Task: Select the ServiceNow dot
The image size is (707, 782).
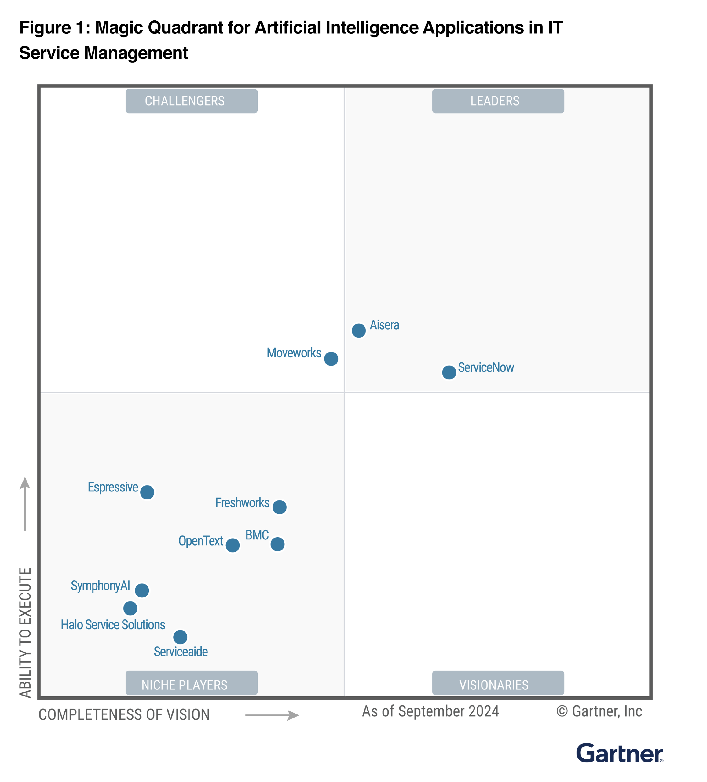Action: [449, 372]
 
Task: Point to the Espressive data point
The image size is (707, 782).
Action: [147, 492]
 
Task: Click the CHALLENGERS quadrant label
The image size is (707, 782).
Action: [191, 101]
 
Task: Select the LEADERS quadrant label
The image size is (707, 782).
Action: [498, 101]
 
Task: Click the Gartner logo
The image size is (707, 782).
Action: [619, 754]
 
